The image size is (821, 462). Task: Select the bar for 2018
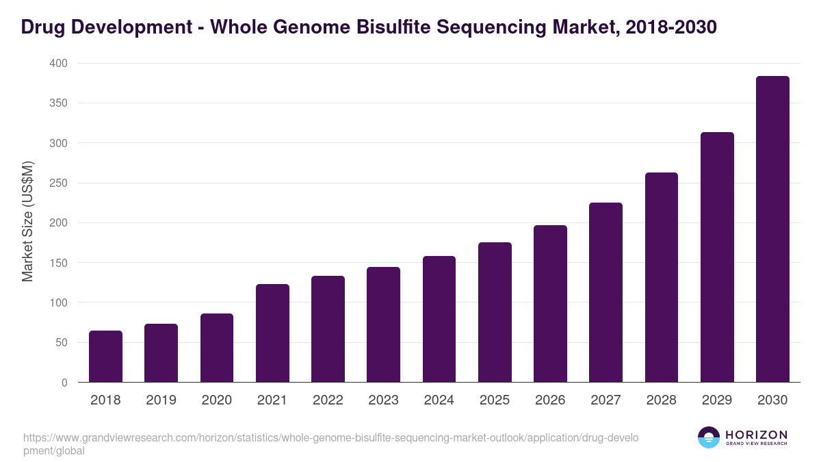(105, 357)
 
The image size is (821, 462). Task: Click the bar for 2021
(272, 333)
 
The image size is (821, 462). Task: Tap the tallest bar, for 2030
(772, 229)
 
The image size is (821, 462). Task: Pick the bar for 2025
(495, 312)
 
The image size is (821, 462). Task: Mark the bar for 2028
(662, 277)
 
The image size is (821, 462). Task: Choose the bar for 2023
(383, 324)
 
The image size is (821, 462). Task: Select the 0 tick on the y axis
(64, 383)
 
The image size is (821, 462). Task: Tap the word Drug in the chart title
(43, 27)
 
